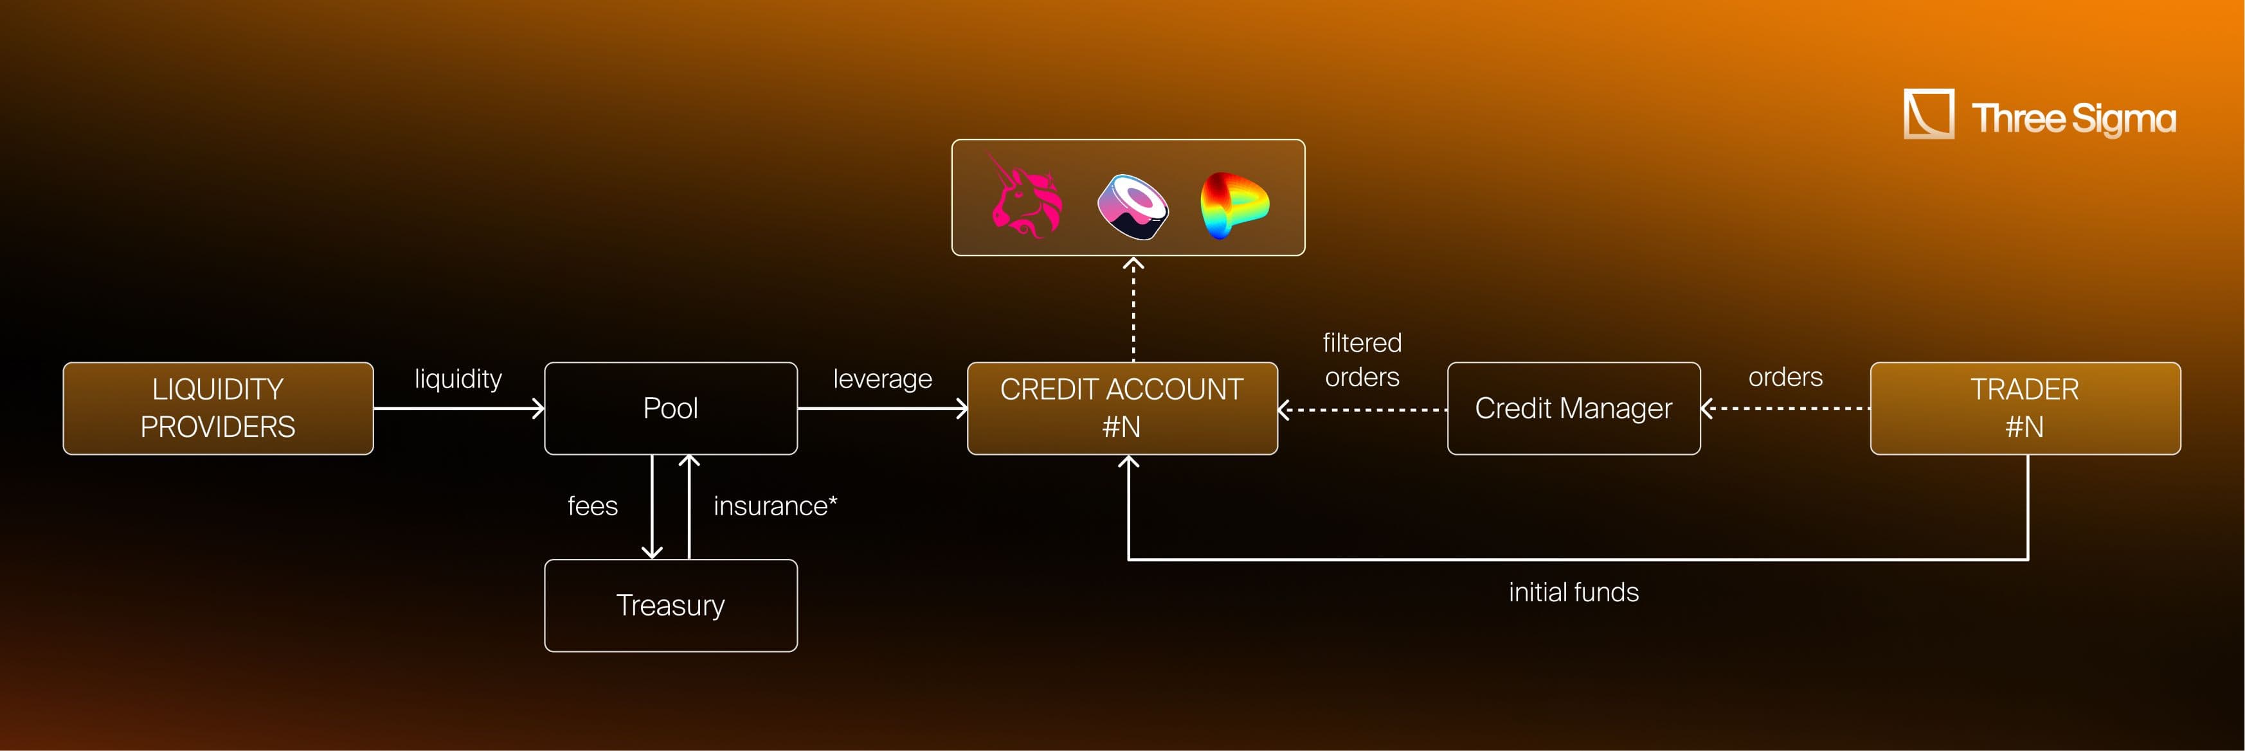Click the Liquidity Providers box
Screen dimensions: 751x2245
pos(218,408)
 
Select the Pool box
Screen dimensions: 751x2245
pos(670,408)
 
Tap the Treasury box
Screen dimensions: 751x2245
pos(670,605)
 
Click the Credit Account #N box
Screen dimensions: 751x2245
pos(1122,408)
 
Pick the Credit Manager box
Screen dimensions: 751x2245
pos(1573,408)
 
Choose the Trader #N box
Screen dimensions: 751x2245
pos(2024,408)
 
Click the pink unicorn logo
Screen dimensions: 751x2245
pos(1027,199)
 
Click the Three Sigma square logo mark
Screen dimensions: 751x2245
pos(1928,113)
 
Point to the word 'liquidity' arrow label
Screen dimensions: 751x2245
pos(458,378)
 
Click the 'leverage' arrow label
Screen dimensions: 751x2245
pos(882,378)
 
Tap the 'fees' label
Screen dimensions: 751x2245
pos(593,506)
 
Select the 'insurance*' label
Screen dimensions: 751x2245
pos(775,506)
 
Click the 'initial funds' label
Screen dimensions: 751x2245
pos(1573,592)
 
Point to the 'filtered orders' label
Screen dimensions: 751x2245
pos(1361,359)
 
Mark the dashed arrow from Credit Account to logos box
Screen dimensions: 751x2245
pos(1133,309)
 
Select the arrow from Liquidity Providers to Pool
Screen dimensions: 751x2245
pos(458,408)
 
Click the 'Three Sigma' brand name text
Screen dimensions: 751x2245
pos(2073,118)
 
